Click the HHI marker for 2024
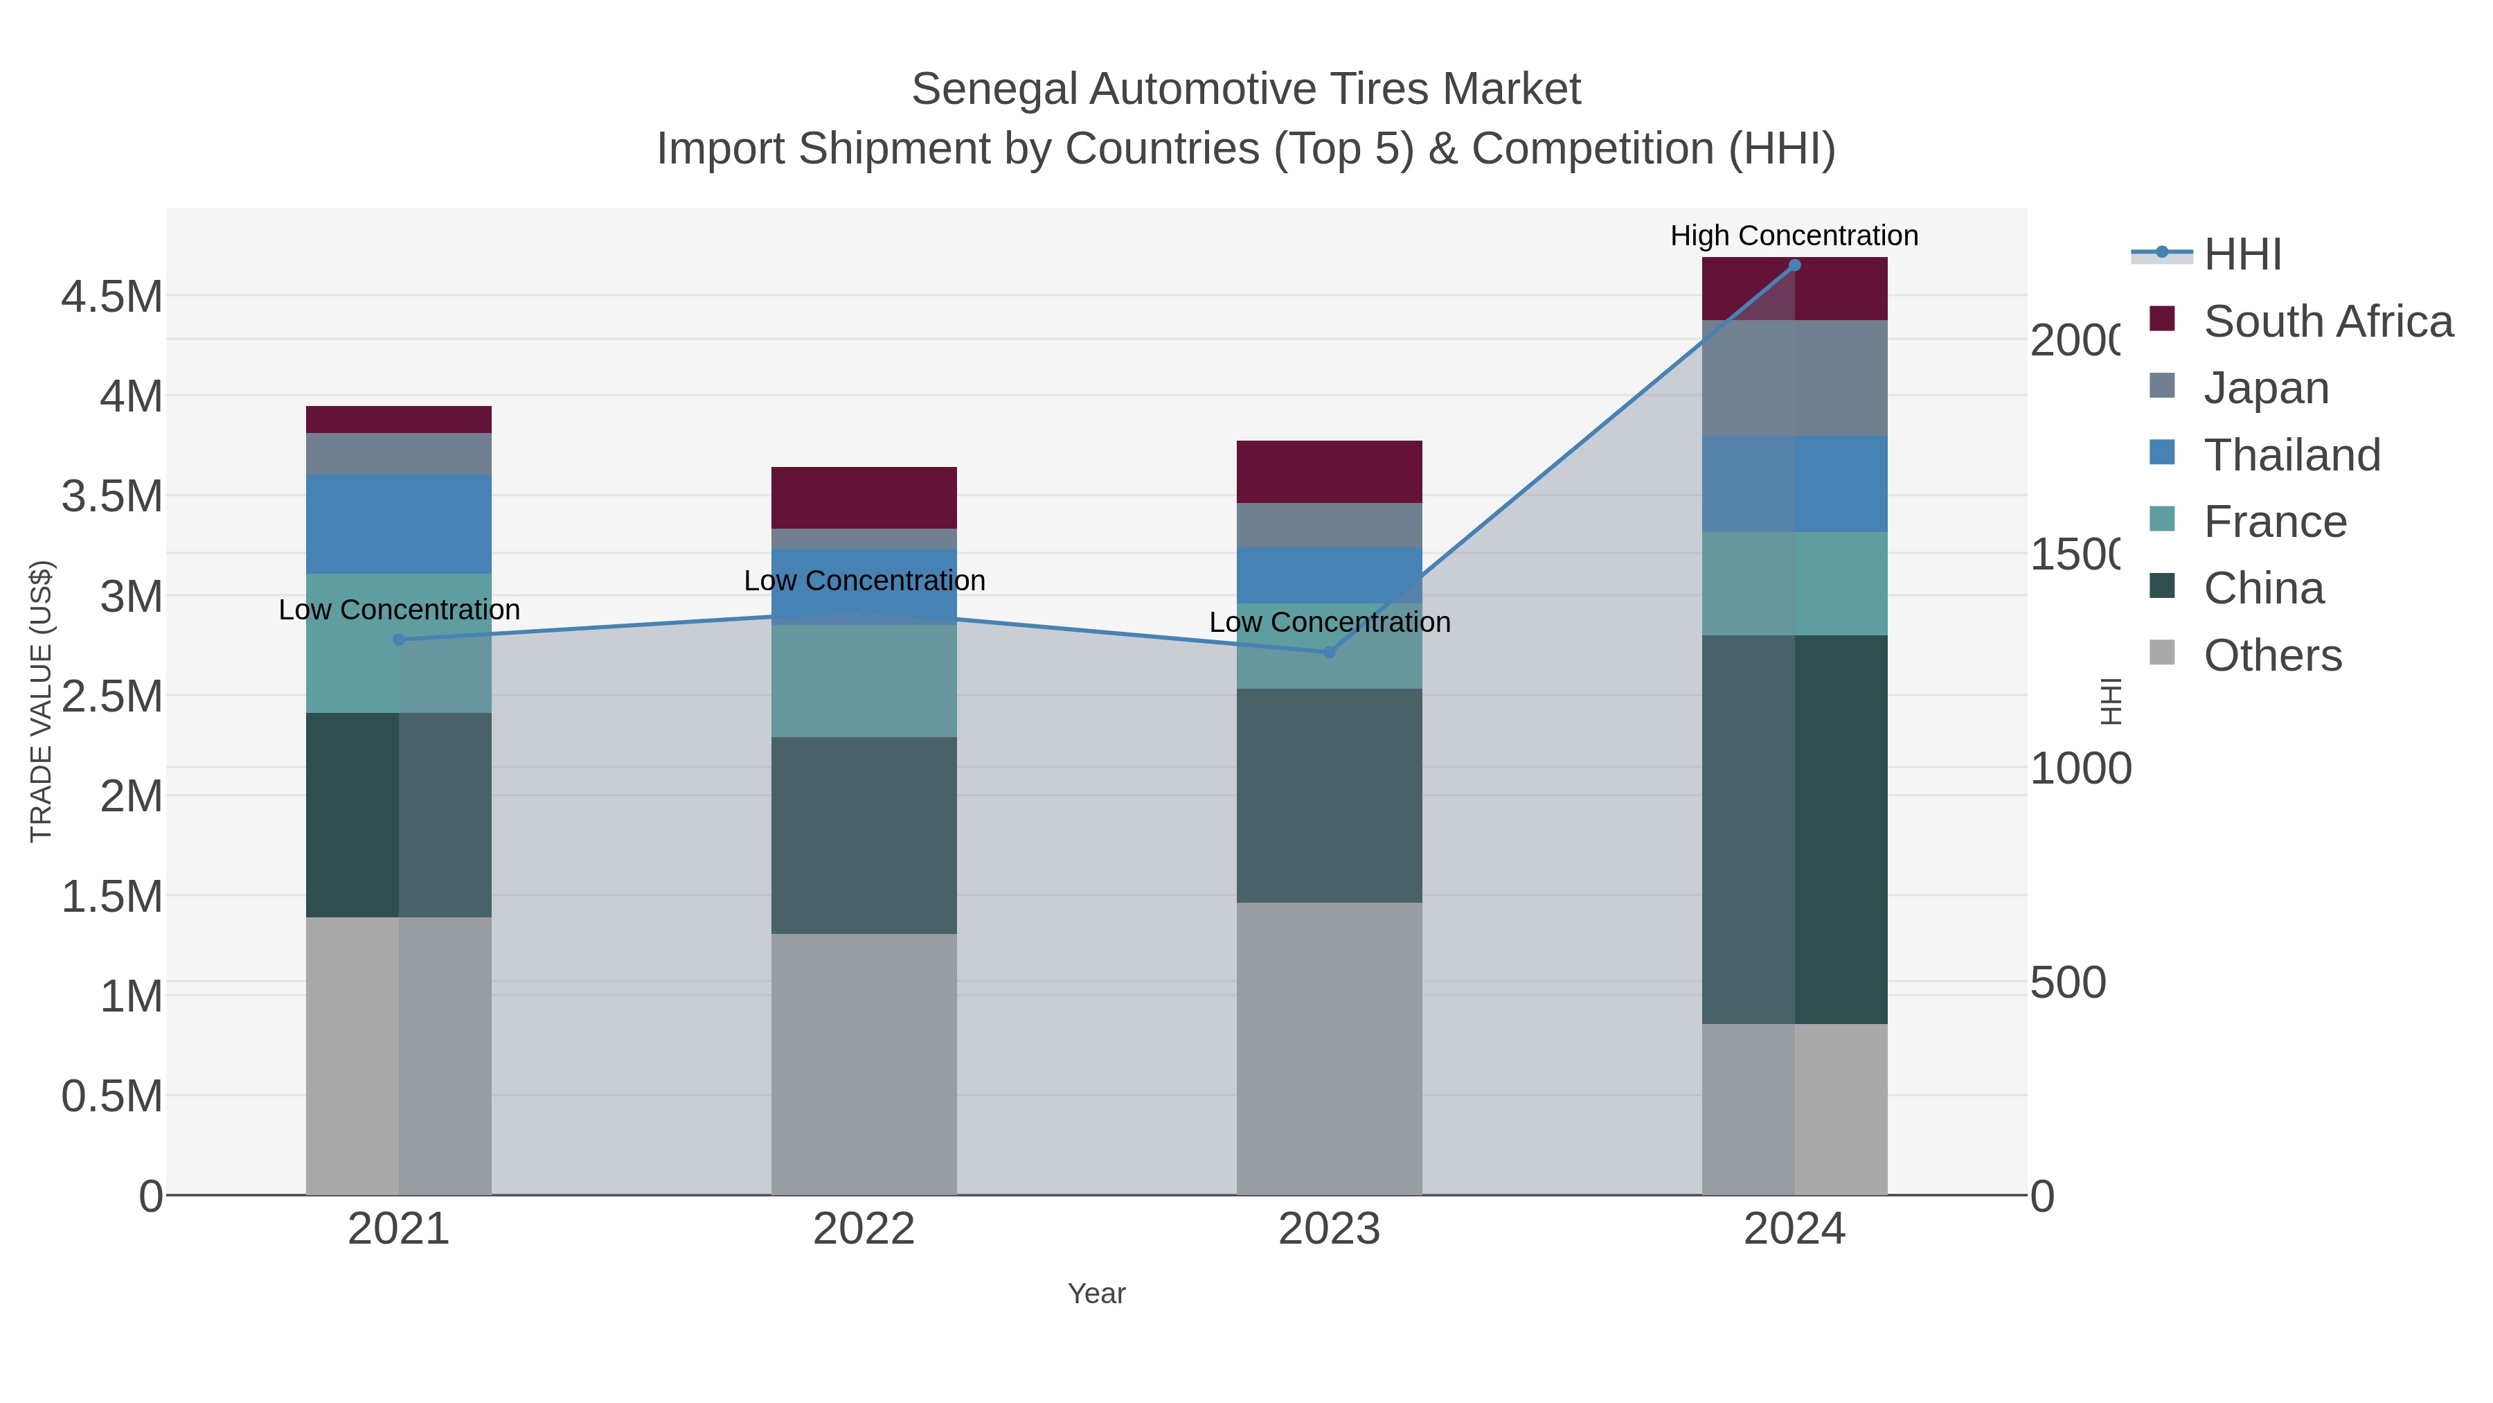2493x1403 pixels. (1794, 265)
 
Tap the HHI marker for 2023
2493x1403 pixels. (1329, 653)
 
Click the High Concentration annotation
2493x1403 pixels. (1794, 236)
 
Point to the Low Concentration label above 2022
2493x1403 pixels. (864, 581)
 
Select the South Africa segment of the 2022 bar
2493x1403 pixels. (864, 497)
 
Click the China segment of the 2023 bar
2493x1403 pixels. (1329, 796)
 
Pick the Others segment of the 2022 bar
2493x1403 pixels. (864, 1064)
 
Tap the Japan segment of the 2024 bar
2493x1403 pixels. (1794, 378)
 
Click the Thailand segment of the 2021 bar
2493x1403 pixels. (399, 524)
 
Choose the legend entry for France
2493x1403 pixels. (2274, 522)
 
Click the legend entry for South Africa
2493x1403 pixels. (2327, 321)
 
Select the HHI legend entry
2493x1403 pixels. (2242, 255)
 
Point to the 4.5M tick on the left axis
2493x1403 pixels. (111, 297)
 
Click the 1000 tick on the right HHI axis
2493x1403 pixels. (2080, 769)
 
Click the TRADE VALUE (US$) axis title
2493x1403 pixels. (41, 701)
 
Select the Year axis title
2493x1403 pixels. (1096, 1294)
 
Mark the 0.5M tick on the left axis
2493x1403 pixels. (111, 1096)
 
